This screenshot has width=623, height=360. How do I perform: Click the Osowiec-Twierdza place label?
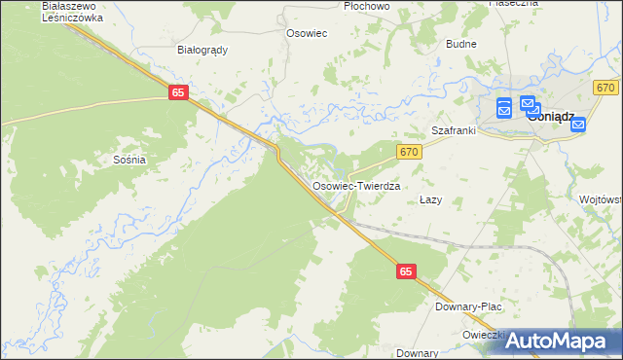356,184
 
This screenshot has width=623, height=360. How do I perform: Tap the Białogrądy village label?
202,49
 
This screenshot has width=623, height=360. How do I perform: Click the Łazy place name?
430,199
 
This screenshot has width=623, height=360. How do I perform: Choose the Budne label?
460,45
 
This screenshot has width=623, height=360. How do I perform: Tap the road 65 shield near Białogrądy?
177,91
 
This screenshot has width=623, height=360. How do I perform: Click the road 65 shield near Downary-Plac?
407,274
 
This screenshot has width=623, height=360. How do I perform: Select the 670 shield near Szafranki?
409,151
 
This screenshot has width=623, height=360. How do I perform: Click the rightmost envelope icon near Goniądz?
578,125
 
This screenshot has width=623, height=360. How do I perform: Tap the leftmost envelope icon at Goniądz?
503,108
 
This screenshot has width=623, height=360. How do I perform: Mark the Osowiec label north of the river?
305,33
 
